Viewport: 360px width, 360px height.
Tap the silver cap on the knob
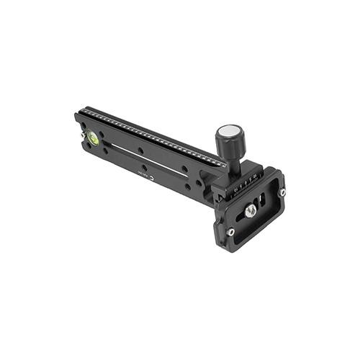pyautogui.click(x=230, y=131)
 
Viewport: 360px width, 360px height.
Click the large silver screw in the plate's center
pyautogui.click(x=250, y=210)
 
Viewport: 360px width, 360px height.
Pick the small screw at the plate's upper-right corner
pyautogui.click(x=282, y=192)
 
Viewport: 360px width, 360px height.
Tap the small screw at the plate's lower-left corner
pyautogui.click(x=230, y=232)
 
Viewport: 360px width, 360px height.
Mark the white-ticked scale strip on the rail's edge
pyautogui.click(x=151, y=134)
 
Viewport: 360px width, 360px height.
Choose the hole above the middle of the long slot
pyautogui.click(x=141, y=150)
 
